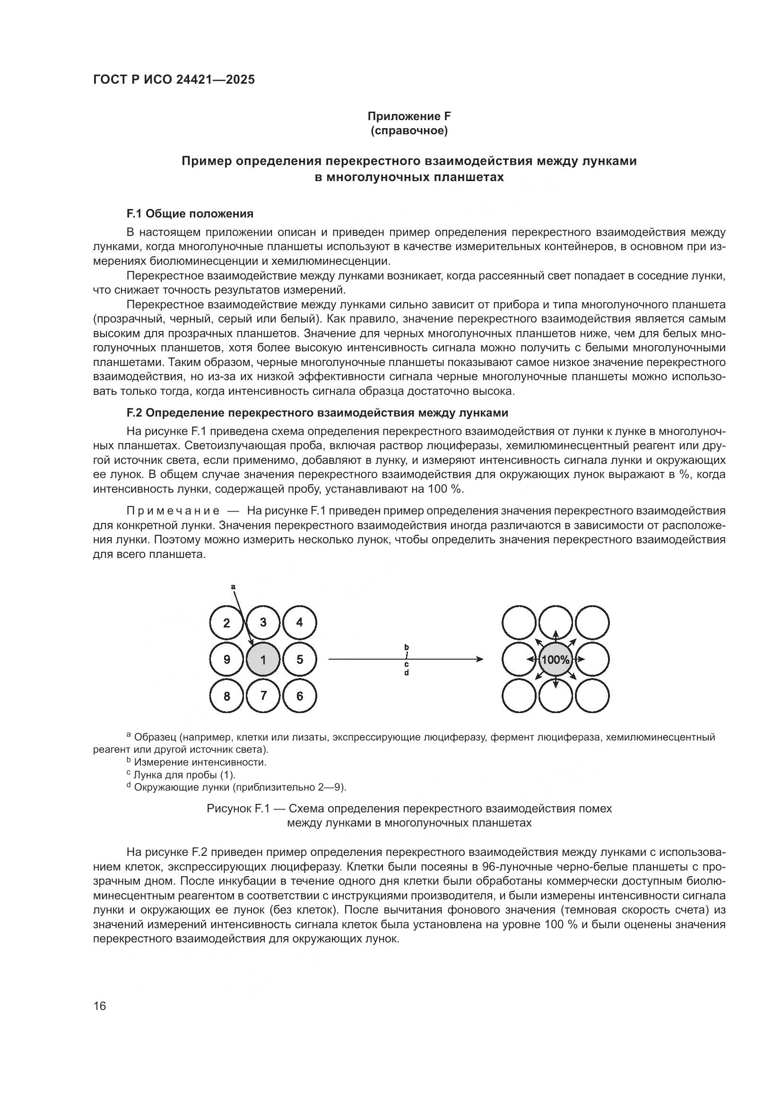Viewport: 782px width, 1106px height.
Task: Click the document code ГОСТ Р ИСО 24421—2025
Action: (174, 79)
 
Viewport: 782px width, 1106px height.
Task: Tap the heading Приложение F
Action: (409, 116)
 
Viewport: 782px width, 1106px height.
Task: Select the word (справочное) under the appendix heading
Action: (409, 131)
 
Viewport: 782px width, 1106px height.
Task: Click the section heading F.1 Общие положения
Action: (190, 213)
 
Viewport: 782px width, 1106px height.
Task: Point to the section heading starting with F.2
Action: (317, 413)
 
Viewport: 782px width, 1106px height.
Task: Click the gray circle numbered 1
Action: (263, 660)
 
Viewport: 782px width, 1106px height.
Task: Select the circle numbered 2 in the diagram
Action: (227, 623)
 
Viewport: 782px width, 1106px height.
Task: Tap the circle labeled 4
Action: (299, 623)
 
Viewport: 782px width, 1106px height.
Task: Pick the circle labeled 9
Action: (227, 660)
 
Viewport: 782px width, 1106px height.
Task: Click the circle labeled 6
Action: (299, 696)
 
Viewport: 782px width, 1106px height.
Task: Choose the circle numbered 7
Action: (263, 696)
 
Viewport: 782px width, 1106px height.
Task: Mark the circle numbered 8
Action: (227, 696)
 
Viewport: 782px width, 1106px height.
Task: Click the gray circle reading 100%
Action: (555, 660)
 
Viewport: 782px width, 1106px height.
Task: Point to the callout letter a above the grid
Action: (233, 587)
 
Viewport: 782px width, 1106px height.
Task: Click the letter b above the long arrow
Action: (407, 646)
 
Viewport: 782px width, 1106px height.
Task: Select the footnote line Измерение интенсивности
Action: (200, 762)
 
